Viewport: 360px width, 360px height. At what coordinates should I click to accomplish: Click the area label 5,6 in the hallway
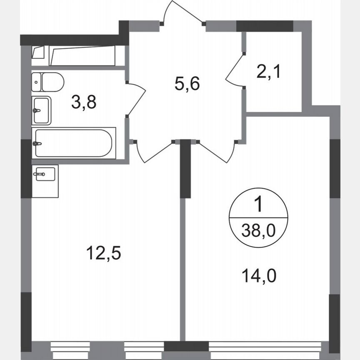coord(187,84)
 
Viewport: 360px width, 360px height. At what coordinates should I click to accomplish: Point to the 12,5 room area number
coord(103,253)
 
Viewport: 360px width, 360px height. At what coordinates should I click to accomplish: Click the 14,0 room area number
coord(259,275)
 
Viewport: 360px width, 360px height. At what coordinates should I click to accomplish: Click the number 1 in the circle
coord(258,205)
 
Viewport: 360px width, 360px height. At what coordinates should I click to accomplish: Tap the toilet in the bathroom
coord(47,82)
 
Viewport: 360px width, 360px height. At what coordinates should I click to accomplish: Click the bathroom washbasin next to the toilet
coord(41,110)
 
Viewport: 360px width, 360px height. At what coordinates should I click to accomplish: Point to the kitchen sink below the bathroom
coord(45,175)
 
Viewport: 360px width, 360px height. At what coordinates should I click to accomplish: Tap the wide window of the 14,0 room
coord(268,347)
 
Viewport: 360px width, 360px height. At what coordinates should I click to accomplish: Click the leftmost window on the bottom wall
coord(70,347)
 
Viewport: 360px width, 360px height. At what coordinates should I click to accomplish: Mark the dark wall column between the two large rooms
coord(185,169)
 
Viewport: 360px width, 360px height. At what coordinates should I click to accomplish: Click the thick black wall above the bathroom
coord(73,40)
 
